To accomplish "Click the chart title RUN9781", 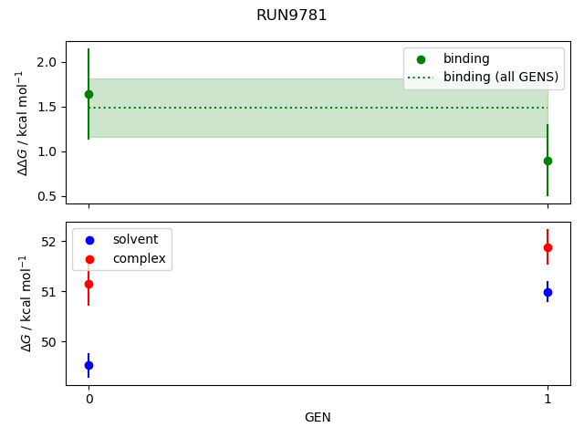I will [291, 16].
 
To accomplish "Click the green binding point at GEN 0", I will [89, 94].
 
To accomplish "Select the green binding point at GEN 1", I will [547, 161].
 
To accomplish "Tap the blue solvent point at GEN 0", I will [89, 365].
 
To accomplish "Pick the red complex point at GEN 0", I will [89, 284].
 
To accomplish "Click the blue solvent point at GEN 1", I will [547, 292].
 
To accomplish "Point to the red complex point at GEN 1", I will [547, 247].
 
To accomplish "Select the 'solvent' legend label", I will [135, 239].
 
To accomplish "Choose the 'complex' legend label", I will [139, 258].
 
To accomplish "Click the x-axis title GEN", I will [318, 417].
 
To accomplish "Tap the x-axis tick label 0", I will [89, 399].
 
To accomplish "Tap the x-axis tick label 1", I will [547, 399].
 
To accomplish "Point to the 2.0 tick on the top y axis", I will [47, 62].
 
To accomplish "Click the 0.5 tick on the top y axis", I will [47, 196].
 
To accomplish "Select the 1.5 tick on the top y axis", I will [47, 107].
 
